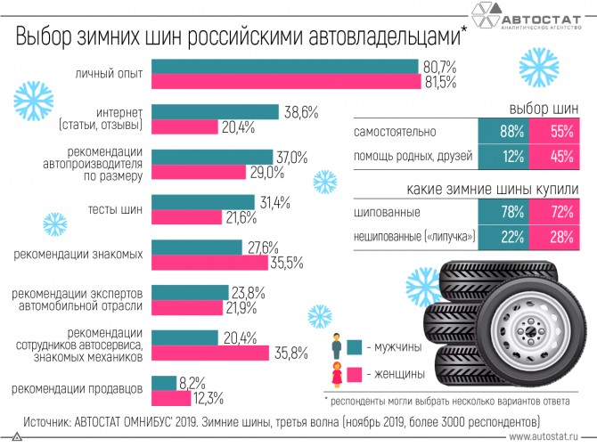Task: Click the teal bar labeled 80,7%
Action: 285,67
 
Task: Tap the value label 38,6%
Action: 300,112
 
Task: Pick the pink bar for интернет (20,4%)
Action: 185,126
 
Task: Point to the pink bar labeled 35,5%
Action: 209,262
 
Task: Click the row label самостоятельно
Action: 395,133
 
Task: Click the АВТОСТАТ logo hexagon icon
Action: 485,17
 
